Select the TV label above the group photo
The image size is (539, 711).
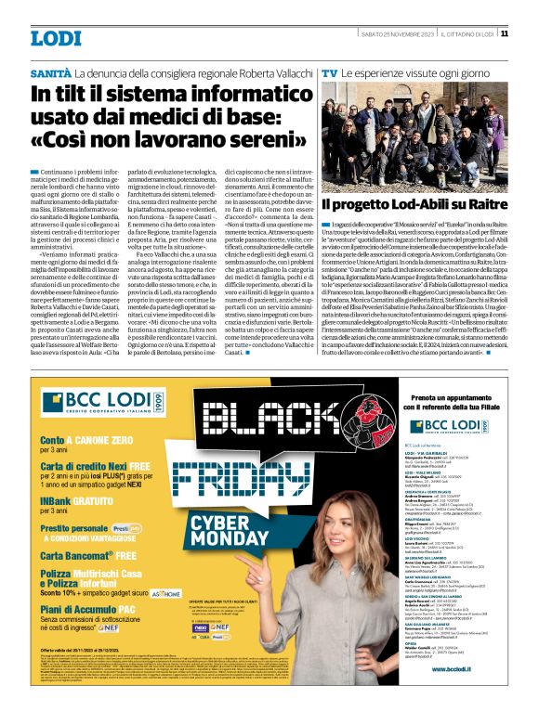pyautogui.click(x=329, y=72)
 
